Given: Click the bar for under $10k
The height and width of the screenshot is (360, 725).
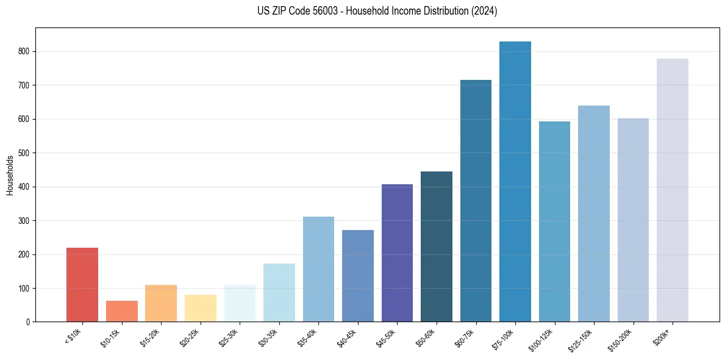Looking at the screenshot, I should [x=82, y=284].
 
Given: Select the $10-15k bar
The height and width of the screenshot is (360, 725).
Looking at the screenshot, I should [x=122, y=311].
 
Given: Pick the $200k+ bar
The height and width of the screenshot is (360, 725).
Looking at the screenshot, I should [x=673, y=190].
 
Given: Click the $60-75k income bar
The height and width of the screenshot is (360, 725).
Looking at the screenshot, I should [x=476, y=201].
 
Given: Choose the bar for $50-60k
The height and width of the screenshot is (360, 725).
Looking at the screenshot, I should [x=437, y=247].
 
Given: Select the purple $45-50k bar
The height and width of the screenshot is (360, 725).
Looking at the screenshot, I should [x=397, y=253].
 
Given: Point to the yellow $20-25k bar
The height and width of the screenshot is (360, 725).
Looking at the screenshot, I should [x=201, y=308].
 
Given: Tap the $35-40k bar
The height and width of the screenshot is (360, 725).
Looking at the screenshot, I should [x=318, y=269].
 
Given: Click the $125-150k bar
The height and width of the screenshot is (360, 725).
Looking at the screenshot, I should [x=594, y=214].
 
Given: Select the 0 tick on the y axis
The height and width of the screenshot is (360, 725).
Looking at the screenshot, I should [x=28, y=322].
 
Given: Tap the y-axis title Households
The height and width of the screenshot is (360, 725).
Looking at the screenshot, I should [x=10, y=175].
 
